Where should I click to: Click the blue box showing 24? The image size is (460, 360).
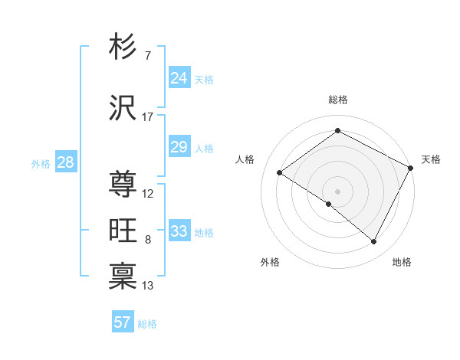[x=179, y=77]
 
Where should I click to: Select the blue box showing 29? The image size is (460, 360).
[x=179, y=147]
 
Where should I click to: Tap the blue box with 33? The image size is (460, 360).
[x=179, y=231]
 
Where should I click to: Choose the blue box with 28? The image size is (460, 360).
[x=65, y=162]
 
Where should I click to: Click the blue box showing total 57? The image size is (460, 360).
[x=123, y=322]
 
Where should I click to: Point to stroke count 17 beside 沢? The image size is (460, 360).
[x=147, y=117]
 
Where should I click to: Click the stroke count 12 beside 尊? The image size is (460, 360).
[x=148, y=194]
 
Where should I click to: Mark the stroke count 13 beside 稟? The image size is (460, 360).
[x=148, y=286]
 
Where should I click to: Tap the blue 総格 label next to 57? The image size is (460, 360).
[x=147, y=324]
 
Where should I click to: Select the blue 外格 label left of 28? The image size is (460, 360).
[x=41, y=163]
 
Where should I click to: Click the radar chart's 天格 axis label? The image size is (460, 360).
[x=431, y=159]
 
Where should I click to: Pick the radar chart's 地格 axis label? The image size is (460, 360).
[x=402, y=262]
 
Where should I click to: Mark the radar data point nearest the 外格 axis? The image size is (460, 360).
[x=329, y=204]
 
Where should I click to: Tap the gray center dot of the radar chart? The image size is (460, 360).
[x=337, y=191]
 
